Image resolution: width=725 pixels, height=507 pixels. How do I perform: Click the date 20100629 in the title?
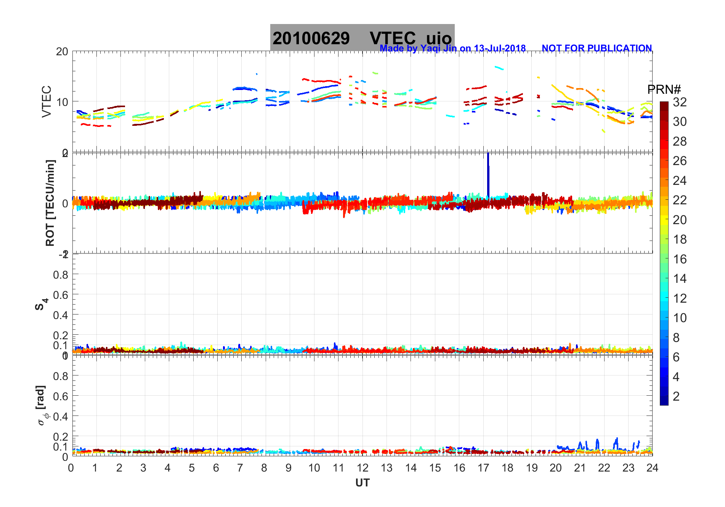point(311,38)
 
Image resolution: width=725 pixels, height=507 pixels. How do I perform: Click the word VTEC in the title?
point(393,38)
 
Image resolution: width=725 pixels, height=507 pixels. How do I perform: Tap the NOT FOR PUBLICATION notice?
point(597,48)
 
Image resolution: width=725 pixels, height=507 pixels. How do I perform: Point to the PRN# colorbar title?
point(664,90)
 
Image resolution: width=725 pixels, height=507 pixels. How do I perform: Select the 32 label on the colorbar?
point(680,102)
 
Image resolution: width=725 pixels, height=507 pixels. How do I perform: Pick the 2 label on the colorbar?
point(676,396)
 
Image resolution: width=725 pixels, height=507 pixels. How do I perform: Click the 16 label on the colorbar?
point(680,259)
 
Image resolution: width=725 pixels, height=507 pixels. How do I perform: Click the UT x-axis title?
point(362,483)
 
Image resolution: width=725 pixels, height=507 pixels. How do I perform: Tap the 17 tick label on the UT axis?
point(483,468)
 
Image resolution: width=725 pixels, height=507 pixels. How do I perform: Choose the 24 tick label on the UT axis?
point(652,468)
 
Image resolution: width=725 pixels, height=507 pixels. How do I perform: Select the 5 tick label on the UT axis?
point(192,468)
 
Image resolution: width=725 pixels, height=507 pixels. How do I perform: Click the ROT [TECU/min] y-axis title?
point(50,203)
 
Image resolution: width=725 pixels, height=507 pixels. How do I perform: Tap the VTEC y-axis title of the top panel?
point(47,101)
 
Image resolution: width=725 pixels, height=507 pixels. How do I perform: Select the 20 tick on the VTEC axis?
point(62,52)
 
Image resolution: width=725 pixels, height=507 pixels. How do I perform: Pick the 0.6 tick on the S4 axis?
point(61,295)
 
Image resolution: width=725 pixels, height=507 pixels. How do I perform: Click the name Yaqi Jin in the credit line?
point(438,48)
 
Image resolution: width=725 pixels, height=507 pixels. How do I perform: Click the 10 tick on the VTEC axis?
point(62,102)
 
